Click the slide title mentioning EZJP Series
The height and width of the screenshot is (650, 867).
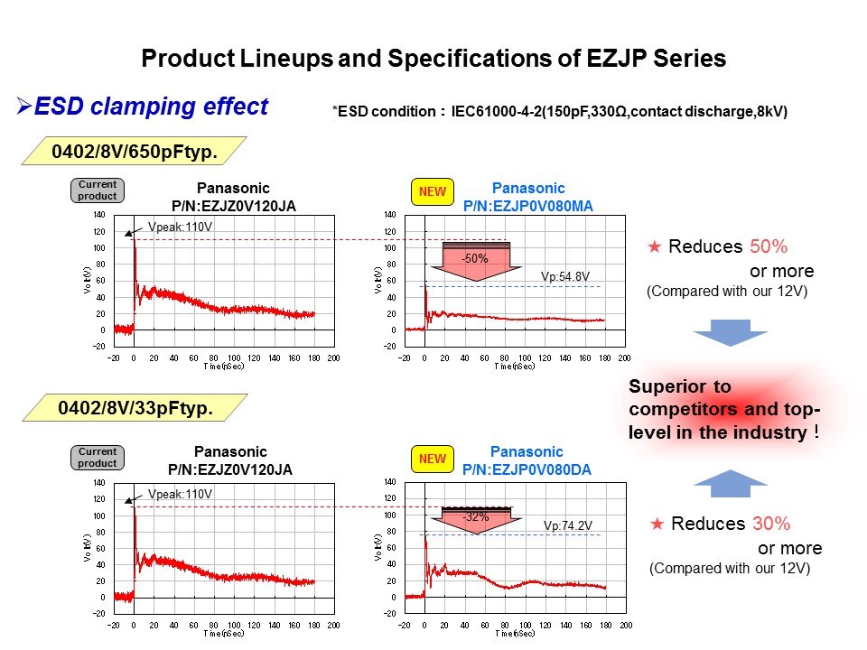(x=433, y=60)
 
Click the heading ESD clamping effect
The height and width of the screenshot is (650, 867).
(x=150, y=107)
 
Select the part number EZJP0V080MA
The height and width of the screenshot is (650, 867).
(x=527, y=205)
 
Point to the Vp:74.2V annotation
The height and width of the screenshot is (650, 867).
(x=567, y=525)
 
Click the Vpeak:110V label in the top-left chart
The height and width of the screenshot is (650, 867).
(x=180, y=227)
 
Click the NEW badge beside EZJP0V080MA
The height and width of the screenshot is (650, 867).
(x=433, y=191)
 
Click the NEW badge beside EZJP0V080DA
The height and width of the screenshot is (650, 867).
(x=433, y=459)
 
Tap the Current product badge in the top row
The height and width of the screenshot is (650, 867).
(x=97, y=190)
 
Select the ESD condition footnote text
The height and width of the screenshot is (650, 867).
(x=560, y=112)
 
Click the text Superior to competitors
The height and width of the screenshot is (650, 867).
(x=722, y=409)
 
